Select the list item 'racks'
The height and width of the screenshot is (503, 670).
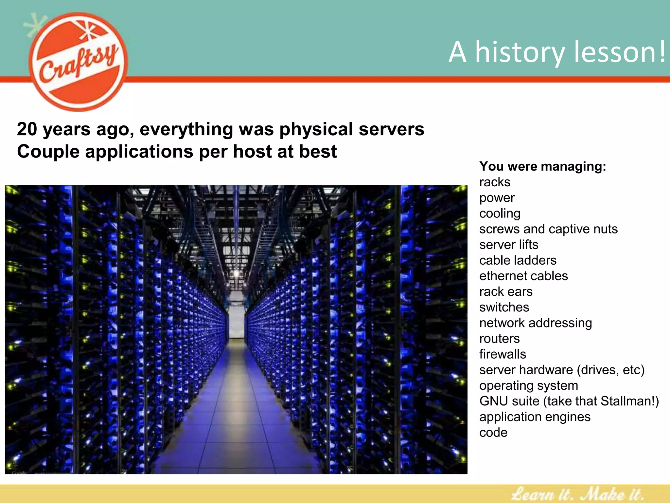[x=495, y=182]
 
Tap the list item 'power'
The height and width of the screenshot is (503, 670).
[x=497, y=198]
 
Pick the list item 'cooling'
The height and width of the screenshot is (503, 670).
[x=500, y=214]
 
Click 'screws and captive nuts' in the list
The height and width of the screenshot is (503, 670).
[x=548, y=229]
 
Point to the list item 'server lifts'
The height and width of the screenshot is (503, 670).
[x=508, y=245]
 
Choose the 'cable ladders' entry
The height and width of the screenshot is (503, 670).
[x=518, y=260]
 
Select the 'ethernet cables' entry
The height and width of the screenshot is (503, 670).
[x=523, y=276]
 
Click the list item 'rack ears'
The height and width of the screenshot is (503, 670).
[x=506, y=292]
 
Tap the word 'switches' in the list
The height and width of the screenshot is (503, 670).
[x=504, y=307]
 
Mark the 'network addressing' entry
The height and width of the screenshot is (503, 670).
[x=536, y=323]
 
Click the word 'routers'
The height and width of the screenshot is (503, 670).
[x=499, y=339]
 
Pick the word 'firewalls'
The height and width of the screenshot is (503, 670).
[x=502, y=354]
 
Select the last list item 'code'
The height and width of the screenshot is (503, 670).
[x=493, y=433]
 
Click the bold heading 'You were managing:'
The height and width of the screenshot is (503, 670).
[x=542, y=166]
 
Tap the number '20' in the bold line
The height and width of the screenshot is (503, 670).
[x=27, y=129]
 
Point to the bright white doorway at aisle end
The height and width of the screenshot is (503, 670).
[x=236, y=323]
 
